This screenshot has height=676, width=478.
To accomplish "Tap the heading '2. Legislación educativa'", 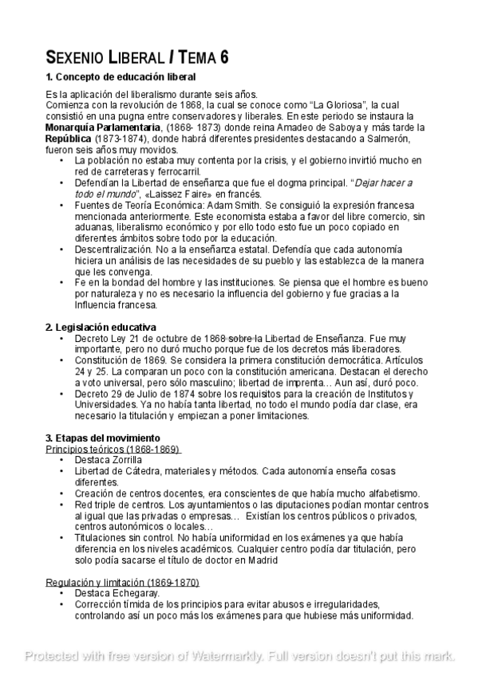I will (x=101, y=328).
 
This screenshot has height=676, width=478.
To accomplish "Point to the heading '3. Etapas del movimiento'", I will (x=103, y=438).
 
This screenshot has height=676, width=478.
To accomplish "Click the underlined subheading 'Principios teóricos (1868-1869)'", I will (x=113, y=449).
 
